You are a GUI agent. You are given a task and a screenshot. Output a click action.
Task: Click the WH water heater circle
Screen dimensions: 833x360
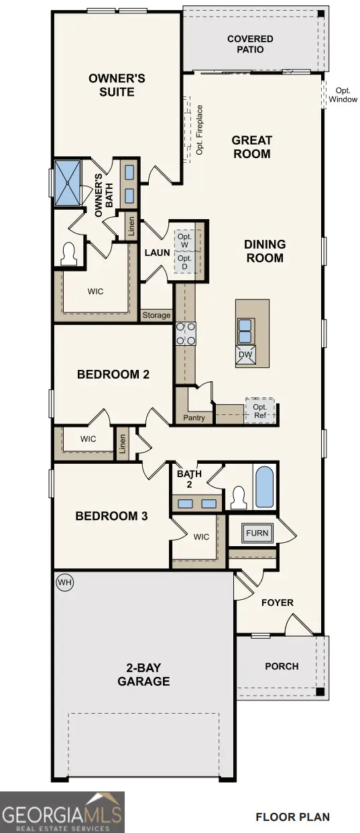coord(64,582)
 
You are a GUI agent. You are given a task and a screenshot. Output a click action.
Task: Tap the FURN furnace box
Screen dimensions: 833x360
coord(257,533)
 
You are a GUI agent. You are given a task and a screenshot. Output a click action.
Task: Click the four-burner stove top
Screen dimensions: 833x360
coord(186,332)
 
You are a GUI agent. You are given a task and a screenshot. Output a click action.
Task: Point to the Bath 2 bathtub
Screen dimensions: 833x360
coord(265,487)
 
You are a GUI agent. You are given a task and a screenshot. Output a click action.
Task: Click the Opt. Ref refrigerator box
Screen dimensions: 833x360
coord(259,411)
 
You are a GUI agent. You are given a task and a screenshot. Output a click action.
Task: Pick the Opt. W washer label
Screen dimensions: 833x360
coord(184,241)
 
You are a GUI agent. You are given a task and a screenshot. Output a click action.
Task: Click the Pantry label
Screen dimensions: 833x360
coord(194,418)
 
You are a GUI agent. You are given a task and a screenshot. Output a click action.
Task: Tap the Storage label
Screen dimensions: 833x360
coord(156,315)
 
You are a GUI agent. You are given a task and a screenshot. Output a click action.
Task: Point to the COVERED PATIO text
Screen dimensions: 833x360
coord(250,44)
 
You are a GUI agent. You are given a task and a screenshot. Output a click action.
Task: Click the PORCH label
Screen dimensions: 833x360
coord(282,666)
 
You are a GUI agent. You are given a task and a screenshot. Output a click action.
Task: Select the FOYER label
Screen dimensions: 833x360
coord(278,602)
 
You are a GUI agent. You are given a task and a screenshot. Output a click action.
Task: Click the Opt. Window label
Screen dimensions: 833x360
coord(343,95)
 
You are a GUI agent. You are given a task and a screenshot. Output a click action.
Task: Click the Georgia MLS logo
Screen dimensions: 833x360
coord(62,812)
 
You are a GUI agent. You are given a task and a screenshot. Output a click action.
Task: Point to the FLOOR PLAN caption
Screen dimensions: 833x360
coord(292,817)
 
